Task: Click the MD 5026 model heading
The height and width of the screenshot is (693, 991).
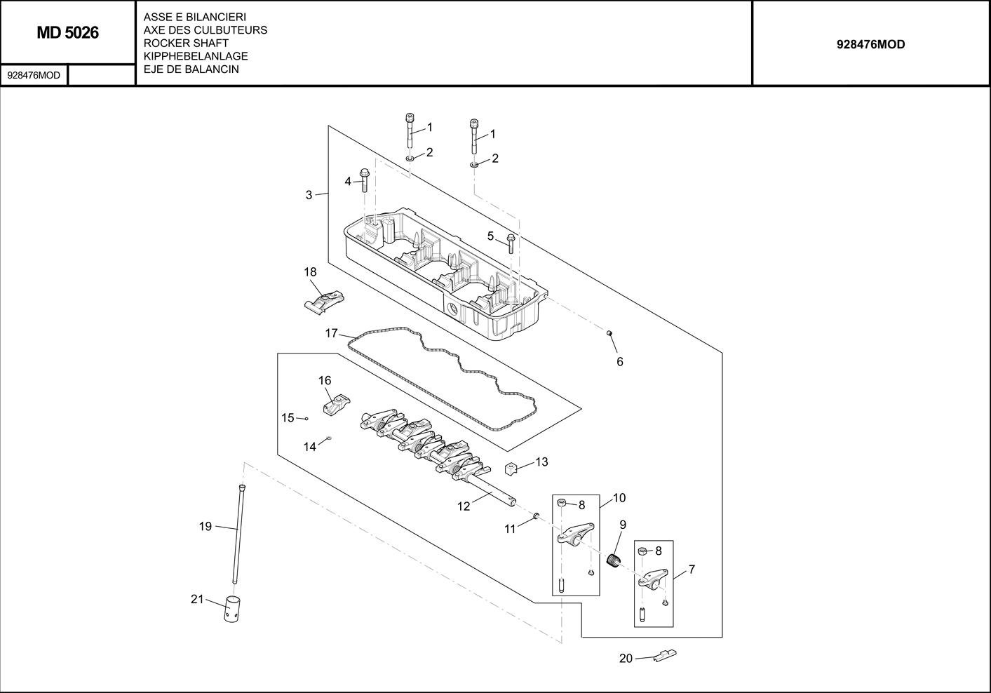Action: click(x=67, y=33)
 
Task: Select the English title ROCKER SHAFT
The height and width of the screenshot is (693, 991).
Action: click(x=185, y=43)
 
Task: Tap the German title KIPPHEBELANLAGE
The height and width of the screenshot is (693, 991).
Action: click(x=195, y=56)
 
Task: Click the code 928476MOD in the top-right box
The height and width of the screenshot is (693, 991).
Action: click(x=870, y=44)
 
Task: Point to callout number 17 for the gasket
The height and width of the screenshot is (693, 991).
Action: click(x=332, y=333)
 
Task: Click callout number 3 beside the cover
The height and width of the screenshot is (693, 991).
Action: click(x=309, y=195)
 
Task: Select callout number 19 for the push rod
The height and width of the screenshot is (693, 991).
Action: click(x=205, y=526)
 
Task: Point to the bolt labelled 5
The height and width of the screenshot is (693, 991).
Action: click(x=511, y=243)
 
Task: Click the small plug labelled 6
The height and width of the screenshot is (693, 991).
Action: click(x=609, y=332)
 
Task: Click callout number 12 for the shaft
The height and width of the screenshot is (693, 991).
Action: click(x=464, y=506)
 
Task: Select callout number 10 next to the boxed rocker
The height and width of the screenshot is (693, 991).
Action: click(x=619, y=498)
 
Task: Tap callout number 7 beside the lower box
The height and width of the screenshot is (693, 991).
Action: click(x=692, y=570)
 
